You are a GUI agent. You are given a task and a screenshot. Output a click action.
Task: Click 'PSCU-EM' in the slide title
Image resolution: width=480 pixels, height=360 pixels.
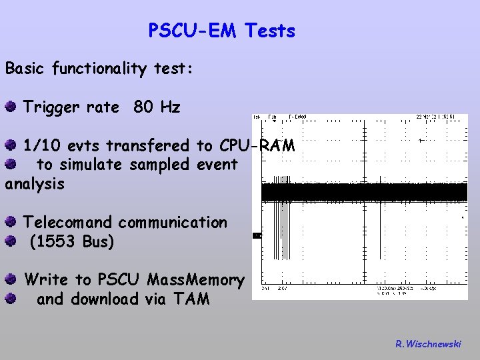coord(193,31)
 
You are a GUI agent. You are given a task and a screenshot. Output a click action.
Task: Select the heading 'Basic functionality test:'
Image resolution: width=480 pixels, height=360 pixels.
coord(99,69)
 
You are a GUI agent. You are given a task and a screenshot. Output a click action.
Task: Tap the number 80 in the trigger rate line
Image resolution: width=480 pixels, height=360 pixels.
coord(143,107)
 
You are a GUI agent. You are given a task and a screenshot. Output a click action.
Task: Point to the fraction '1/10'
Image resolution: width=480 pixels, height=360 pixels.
coord(43,145)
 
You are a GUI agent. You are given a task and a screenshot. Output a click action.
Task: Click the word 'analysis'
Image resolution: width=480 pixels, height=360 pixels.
coord(35,183)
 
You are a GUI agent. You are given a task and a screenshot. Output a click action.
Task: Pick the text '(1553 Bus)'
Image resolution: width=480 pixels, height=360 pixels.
coord(72,241)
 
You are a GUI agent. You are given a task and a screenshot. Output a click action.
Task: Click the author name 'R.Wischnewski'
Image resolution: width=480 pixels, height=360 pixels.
coord(427,344)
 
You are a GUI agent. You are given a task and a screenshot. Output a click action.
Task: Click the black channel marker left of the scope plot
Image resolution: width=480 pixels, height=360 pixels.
coord(257,235)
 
